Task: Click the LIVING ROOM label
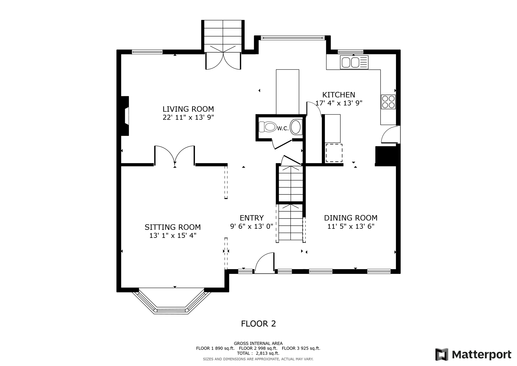188,109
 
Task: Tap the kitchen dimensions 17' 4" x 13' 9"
339,103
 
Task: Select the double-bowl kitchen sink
351,62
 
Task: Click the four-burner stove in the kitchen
388,102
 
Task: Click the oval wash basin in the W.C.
296,127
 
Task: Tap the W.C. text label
283,128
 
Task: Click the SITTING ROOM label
173,227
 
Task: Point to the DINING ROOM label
351,218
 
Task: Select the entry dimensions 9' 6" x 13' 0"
251,226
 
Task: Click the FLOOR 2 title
258,324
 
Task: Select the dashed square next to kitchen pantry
334,153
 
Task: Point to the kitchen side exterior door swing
390,135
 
